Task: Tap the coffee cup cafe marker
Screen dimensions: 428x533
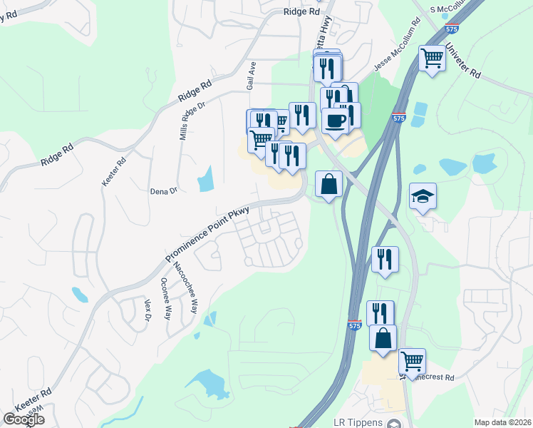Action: (334, 120)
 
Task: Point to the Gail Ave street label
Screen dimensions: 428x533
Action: (252, 75)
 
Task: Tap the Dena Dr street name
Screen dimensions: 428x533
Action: (163, 191)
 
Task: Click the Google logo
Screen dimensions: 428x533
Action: (24, 419)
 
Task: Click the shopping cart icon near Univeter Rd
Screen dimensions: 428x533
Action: (433, 57)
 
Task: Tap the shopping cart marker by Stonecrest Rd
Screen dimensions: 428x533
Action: (412, 361)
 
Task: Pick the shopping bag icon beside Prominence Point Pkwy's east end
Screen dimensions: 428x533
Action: (328, 184)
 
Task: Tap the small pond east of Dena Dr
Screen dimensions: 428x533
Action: (206, 179)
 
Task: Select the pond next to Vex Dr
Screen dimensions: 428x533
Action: (80, 294)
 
